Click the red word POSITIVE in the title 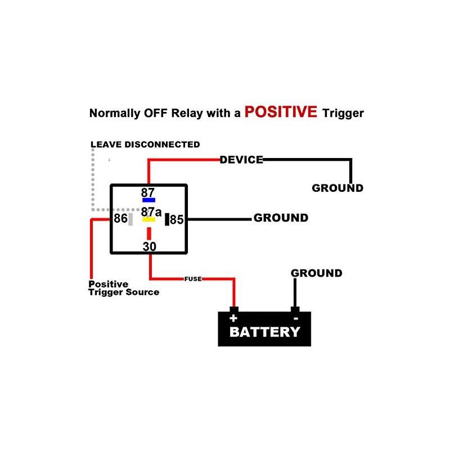pos(281,111)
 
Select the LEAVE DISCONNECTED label pos(145,145)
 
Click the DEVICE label pos(241,160)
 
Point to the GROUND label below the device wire pos(337,188)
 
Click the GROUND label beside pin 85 pos(281,218)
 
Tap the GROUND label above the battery pos(316,273)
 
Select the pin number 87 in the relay pos(148,192)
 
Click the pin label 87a pos(151,212)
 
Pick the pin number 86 pos(120,219)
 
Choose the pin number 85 pos(177,220)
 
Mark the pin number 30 pos(149,246)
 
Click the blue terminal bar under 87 pos(148,200)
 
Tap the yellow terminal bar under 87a pos(148,219)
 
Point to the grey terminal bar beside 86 pos(130,219)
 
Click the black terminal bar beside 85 pos(166,219)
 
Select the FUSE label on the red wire pos(193,279)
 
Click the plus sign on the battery pos(233,318)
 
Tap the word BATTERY pos(264,332)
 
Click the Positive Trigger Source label pos(124,288)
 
